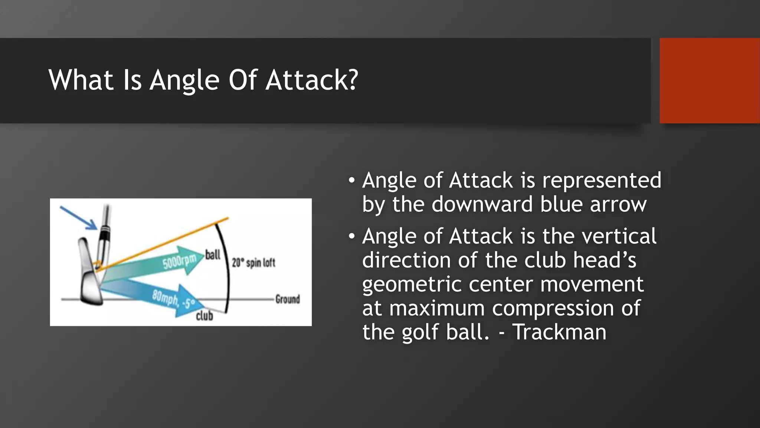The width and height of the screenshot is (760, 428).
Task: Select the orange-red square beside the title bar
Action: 710,81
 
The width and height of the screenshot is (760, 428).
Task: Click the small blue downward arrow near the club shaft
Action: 79,218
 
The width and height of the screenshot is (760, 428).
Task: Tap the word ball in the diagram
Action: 213,255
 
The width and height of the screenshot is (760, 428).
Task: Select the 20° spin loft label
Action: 253,263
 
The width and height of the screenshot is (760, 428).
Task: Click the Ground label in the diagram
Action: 287,299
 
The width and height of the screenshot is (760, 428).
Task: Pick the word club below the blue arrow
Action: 204,316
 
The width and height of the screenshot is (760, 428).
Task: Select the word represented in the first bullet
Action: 602,181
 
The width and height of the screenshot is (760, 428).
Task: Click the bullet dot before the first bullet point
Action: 351,181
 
